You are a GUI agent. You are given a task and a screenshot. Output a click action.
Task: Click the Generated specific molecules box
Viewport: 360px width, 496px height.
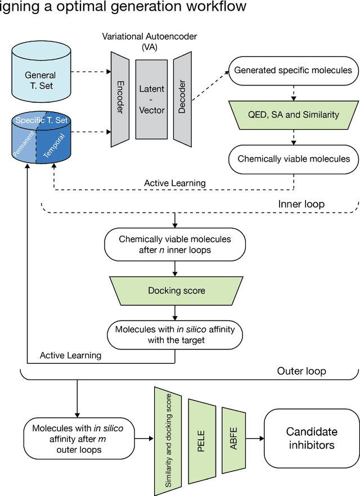coord(292,70)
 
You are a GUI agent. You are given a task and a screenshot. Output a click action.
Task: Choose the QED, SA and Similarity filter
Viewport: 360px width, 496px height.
coord(292,114)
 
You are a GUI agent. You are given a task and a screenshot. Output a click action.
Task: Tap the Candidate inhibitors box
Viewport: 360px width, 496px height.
coord(312,439)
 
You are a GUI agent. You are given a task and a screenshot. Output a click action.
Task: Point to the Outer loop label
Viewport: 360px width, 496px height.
coord(301,371)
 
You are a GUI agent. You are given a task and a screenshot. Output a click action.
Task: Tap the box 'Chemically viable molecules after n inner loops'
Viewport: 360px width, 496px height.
coord(175,244)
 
